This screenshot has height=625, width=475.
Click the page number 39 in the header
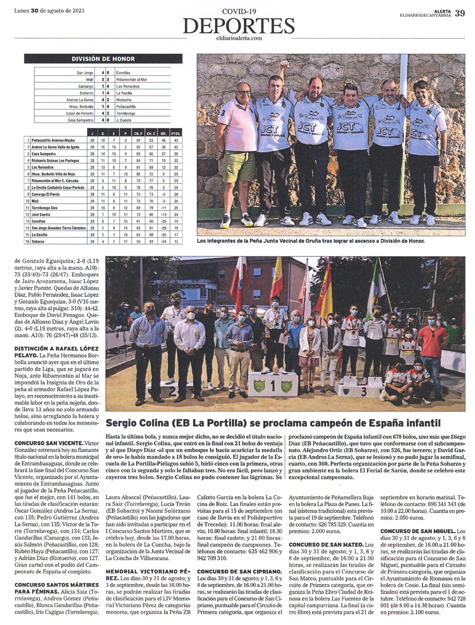(460, 13)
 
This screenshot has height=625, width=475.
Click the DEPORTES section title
(239, 25)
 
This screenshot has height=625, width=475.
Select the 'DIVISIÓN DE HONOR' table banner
(103, 59)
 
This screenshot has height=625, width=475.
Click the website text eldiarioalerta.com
(239, 37)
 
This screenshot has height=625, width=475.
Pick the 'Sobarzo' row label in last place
(40, 242)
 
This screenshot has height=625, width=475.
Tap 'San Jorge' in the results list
(85, 72)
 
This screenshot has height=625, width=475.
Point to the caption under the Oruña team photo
(310, 241)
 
